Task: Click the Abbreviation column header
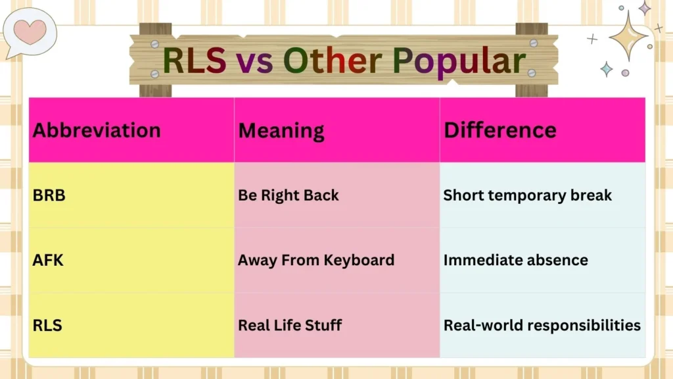pyautogui.click(x=97, y=130)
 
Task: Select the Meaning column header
pyautogui.click(x=281, y=130)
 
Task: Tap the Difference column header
pyautogui.click(x=499, y=130)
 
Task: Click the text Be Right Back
pyautogui.click(x=288, y=195)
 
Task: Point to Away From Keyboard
pyautogui.click(x=315, y=260)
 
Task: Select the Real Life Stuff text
pyautogui.click(x=289, y=325)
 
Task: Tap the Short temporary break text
pyautogui.click(x=527, y=195)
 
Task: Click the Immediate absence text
pyautogui.click(x=515, y=260)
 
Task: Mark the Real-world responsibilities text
pyautogui.click(x=542, y=325)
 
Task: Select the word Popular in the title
pyautogui.click(x=459, y=61)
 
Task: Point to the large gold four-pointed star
pyautogui.click(x=628, y=36)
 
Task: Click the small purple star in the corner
pyautogui.click(x=645, y=8)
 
